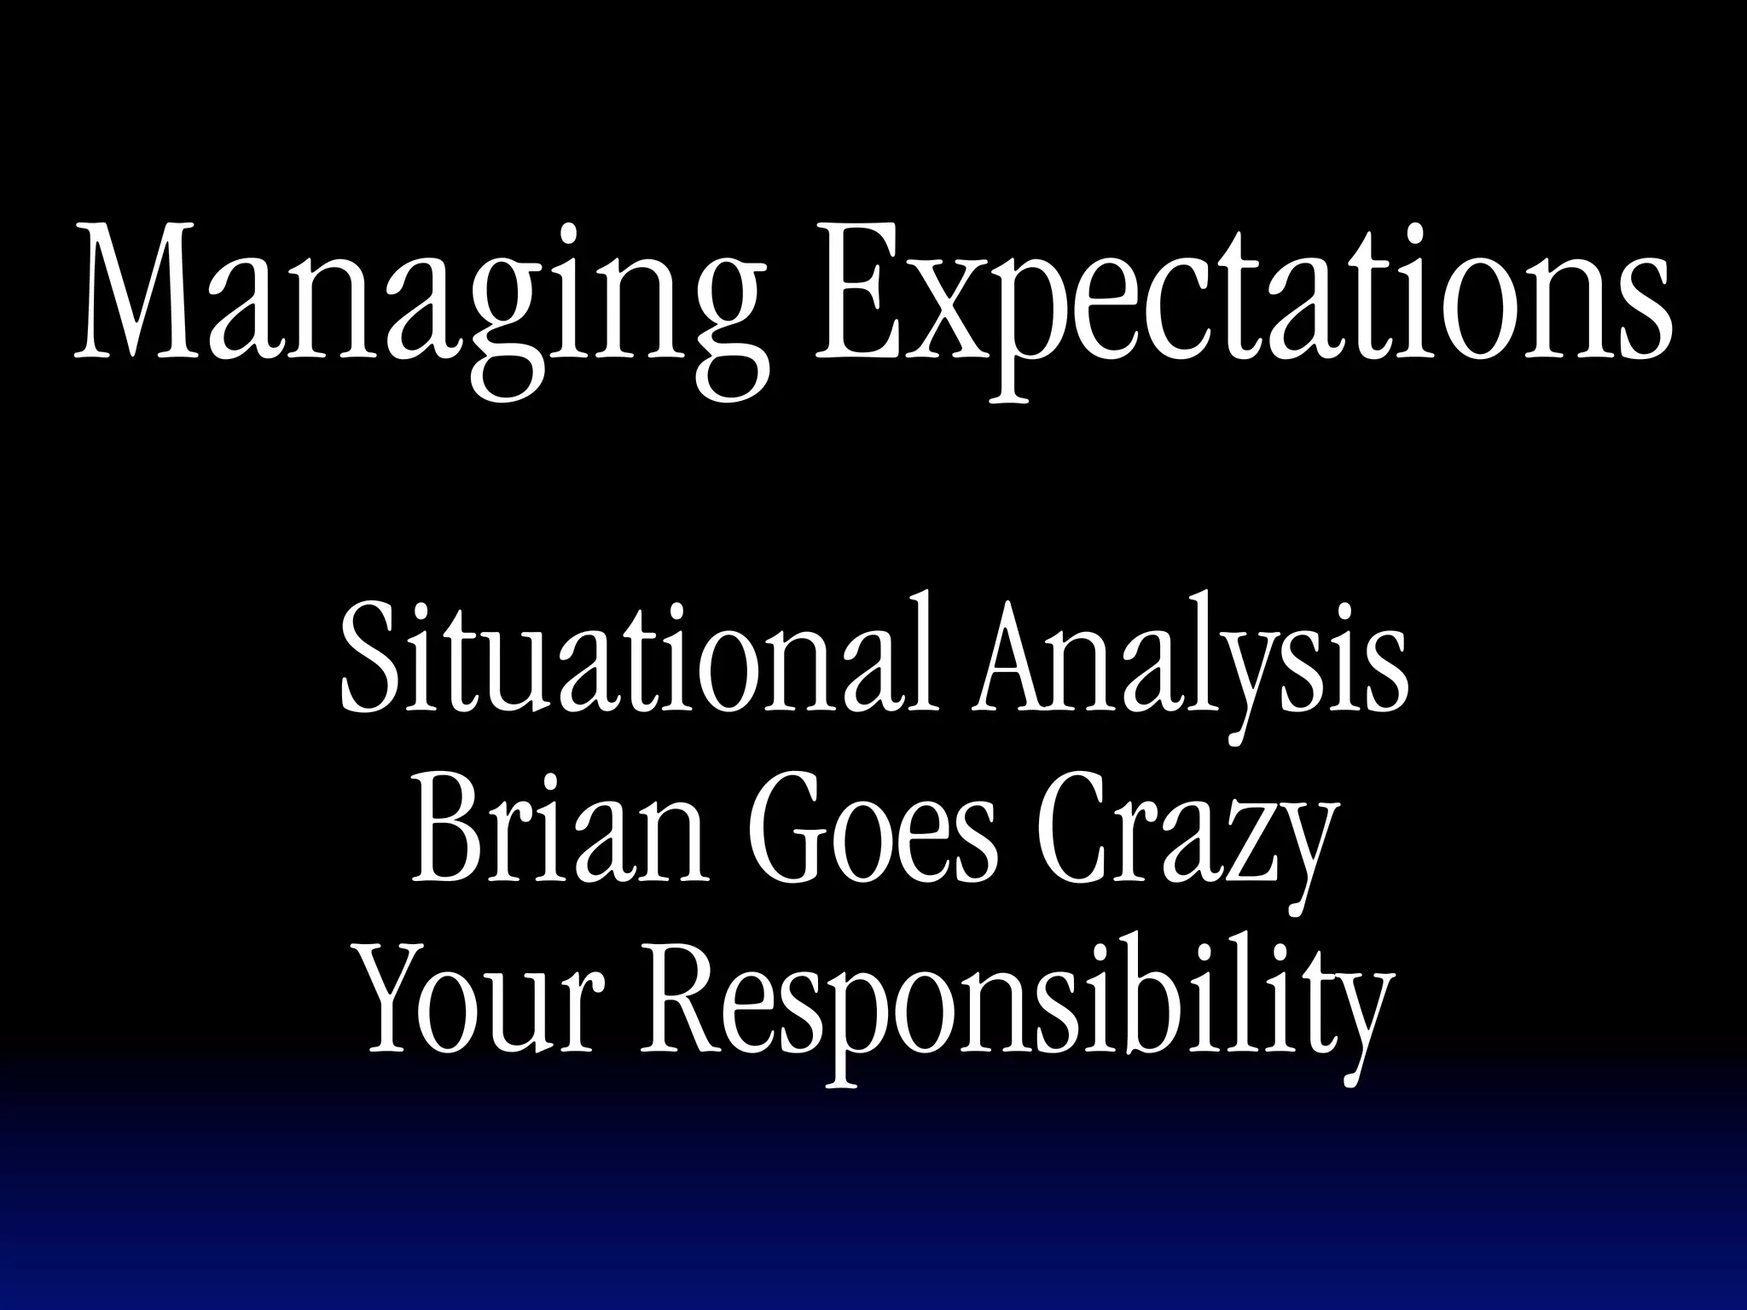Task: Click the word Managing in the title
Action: [418, 299]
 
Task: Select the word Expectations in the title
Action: [1242, 299]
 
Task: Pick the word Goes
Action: [870, 832]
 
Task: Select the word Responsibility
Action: [1019, 1006]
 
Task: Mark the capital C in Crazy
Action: [1066, 832]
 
